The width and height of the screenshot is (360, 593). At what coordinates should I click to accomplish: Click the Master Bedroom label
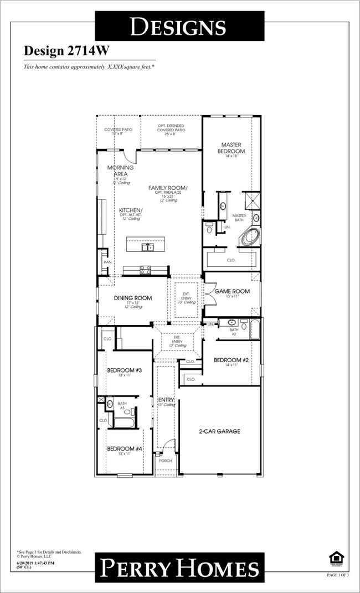click(x=232, y=148)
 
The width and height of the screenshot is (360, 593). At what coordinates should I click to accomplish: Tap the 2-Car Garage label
click(x=219, y=431)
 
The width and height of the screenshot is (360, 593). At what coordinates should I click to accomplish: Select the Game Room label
click(x=232, y=291)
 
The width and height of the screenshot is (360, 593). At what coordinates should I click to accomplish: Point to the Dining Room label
click(x=133, y=298)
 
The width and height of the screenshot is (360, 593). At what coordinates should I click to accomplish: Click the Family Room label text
click(x=168, y=188)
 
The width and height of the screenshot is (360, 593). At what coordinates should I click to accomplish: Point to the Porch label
click(x=165, y=461)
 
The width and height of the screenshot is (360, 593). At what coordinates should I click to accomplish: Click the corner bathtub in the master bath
click(x=249, y=237)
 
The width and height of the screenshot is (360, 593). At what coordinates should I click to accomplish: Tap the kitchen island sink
click(x=148, y=247)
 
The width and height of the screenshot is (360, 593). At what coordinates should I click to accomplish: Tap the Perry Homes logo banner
click(x=179, y=569)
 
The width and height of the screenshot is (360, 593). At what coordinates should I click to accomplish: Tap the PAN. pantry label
click(x=107, y=262)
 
